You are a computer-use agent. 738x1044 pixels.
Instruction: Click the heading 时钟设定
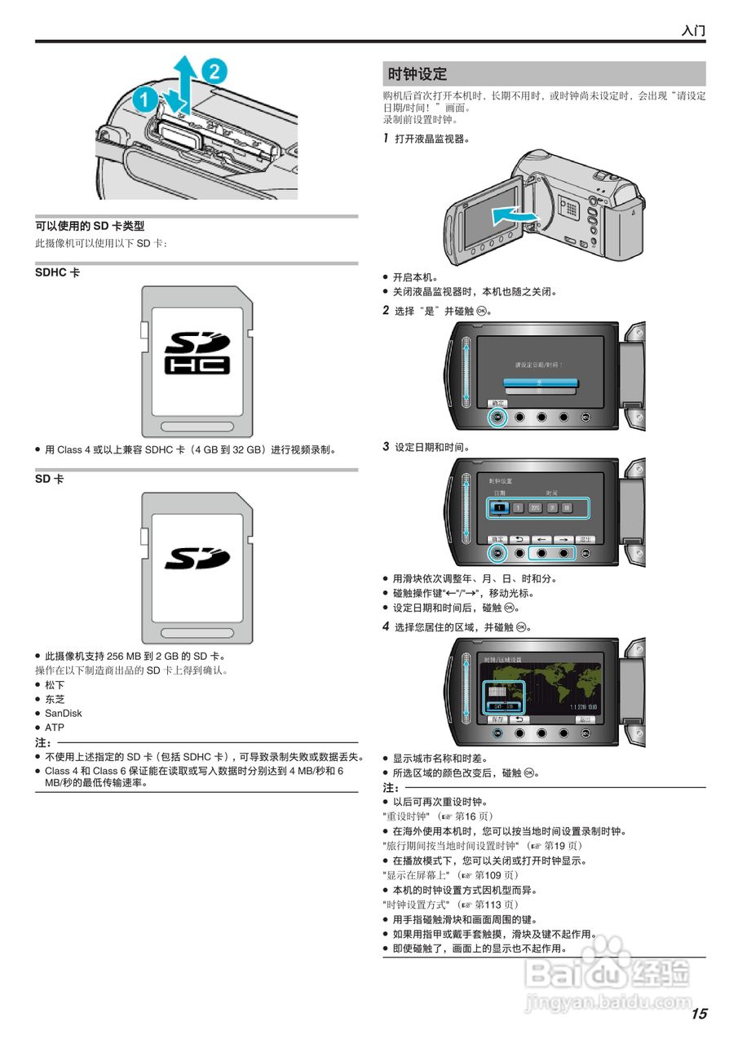click(x=418, y=74)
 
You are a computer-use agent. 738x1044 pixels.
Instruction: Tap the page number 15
click(x=699, y=1014)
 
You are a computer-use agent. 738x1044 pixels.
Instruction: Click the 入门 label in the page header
click(x=693, y=31)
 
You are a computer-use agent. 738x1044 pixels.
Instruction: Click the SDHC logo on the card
click(x=197, y=352)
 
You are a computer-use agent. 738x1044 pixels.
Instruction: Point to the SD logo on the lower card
click(x=197, y=559)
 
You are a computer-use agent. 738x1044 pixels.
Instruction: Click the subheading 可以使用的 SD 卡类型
click(x=90, y=226)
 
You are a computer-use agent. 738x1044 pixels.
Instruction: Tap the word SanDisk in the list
click(x=63, y=713)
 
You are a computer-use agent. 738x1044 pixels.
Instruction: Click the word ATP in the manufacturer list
click(x=55, y=728)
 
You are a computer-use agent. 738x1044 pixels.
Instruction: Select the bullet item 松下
click(x=55, y=685)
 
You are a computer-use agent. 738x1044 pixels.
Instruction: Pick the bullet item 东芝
click(x=55, y=699)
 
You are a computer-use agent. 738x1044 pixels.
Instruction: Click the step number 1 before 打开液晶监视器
click(x=386, y=139)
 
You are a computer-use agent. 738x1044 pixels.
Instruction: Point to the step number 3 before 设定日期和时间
click(x=386, y=447)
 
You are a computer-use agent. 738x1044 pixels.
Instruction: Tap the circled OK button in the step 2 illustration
click(x=497, y=418)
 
